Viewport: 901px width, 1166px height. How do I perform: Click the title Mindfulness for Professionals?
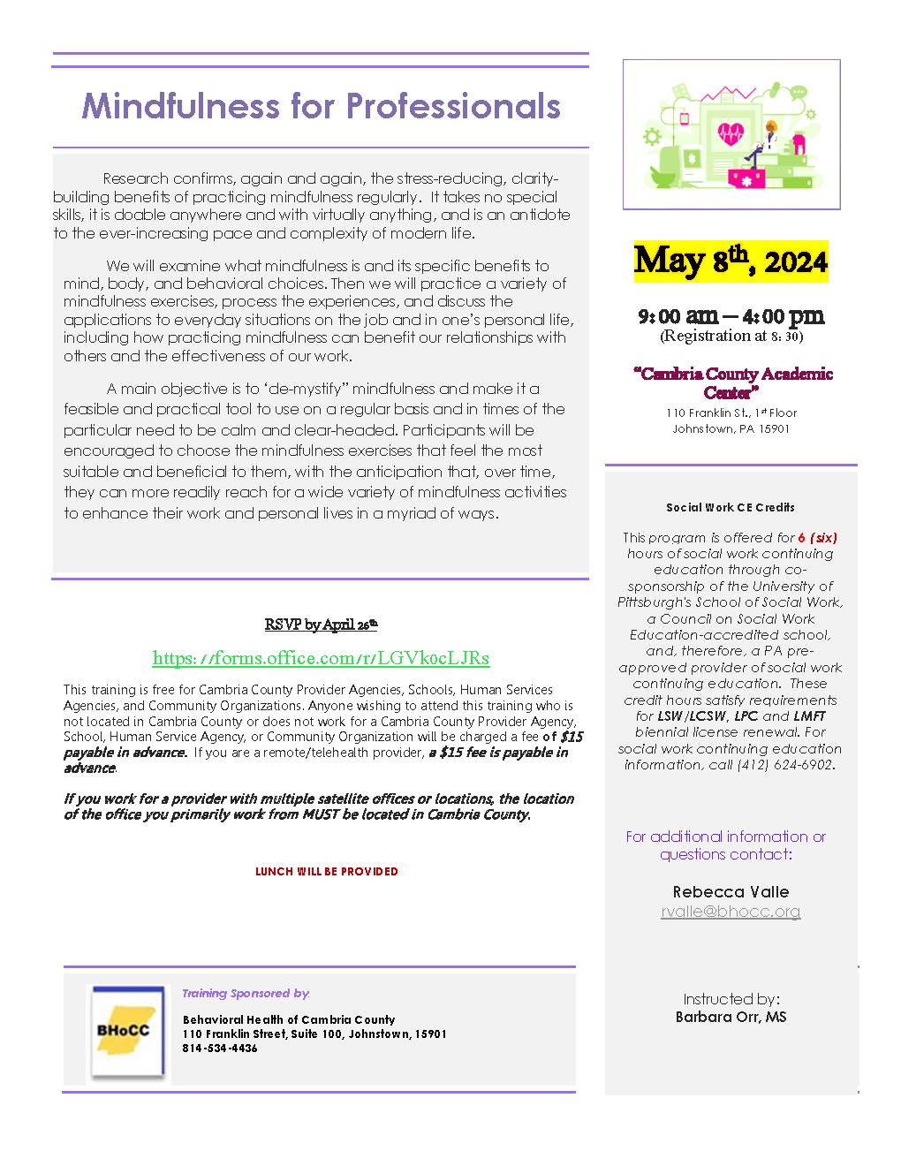click(321, 107)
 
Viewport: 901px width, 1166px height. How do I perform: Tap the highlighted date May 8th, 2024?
click(731, 261)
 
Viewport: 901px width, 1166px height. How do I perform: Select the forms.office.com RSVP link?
click(321, 658)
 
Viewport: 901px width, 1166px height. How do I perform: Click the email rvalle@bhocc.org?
click(731, 912)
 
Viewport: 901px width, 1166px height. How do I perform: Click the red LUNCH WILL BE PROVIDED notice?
click(327, 872)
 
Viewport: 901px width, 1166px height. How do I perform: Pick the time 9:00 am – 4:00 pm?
click(731, 316)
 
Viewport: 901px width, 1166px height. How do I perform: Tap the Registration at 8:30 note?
click(731, 336)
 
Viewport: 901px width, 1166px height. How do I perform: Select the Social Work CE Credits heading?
click(731, 508)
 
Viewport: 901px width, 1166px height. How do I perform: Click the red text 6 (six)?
click(817, 538)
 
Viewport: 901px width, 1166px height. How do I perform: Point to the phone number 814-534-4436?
click(220, 1049)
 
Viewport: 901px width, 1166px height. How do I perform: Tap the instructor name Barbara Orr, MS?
click(731, 1017)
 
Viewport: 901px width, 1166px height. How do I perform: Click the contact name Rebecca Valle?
click(731, 892)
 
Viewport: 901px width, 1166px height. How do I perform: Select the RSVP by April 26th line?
click(321, 625)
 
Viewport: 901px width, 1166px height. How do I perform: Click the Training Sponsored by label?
click(246, 994)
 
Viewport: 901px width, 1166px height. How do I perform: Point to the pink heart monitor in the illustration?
click(731, 133)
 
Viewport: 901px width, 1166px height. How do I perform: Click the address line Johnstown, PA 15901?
click(731, 429)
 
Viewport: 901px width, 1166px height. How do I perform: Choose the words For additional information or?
click(725, 837)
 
